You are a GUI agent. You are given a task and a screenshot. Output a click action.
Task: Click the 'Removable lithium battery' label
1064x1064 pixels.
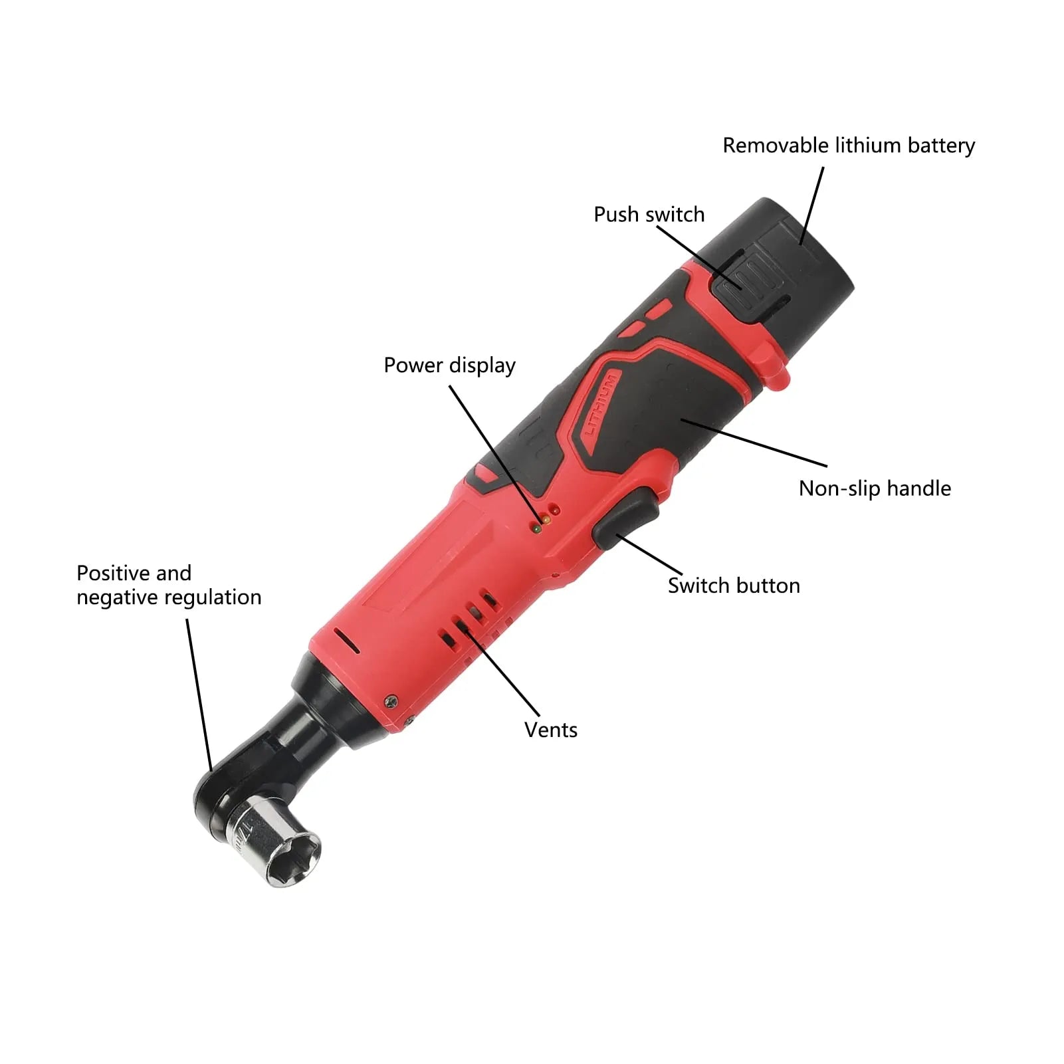tap(849, 146)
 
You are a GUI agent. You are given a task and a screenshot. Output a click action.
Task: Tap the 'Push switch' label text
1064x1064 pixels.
tap(649, 215)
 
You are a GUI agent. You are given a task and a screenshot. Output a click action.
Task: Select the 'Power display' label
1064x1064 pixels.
tap(449, 366)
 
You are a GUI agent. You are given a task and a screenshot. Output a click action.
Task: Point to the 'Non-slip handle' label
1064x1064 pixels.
tap(875, 488)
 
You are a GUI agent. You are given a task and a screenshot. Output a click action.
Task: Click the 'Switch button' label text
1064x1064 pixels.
tap(734, 585)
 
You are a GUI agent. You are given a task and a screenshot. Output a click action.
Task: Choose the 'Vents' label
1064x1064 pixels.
tap(550, 730)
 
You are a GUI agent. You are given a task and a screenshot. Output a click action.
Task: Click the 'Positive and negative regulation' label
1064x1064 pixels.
tap(169, 585)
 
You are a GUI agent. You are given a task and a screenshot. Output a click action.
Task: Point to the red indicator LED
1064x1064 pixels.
tap(556, 510)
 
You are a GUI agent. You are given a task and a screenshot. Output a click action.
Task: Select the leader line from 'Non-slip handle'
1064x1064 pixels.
tap(754, 443)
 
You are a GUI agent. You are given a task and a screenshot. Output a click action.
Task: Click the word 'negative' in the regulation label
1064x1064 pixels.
tap(116, 597)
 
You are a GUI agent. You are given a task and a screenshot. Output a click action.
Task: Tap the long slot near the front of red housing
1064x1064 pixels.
tap(346, 641)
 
